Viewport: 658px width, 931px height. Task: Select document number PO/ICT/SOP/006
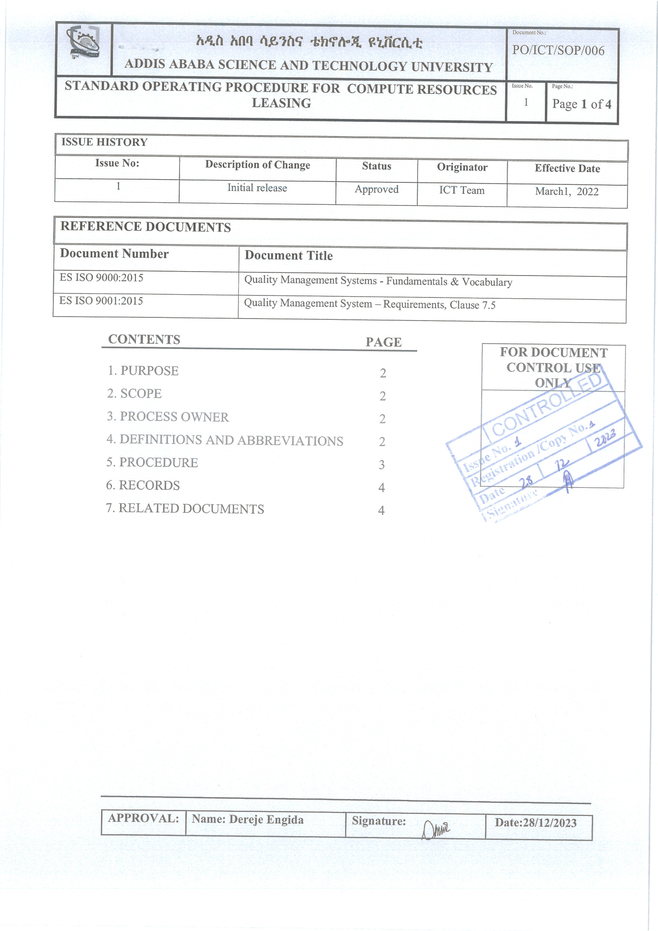pos(558,51)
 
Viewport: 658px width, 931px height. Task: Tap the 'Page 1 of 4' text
pos(582,104)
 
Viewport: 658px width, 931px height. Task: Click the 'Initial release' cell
pos(257,188)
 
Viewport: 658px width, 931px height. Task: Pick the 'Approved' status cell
pos(377,190)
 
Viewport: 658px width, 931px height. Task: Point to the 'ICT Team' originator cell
pos(462,191)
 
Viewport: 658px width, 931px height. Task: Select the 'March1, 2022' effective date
pos(566,192)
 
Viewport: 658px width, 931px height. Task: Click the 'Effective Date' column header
pos(567,169)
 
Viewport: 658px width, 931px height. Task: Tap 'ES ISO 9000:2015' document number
pos(102,278)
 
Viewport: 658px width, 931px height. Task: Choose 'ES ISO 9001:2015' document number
pos(101,301)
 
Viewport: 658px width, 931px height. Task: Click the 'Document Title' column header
pos(289,256)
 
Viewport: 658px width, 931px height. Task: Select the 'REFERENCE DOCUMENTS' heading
pos(146,227)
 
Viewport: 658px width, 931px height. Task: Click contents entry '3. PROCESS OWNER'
pos(168,417)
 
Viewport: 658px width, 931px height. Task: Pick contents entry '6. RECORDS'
pos(143,485)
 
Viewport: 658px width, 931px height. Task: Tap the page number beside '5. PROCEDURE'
pos(381,465)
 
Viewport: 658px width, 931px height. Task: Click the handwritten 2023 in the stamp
pos(605,438)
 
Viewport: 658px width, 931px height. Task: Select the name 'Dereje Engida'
pos(266,820)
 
